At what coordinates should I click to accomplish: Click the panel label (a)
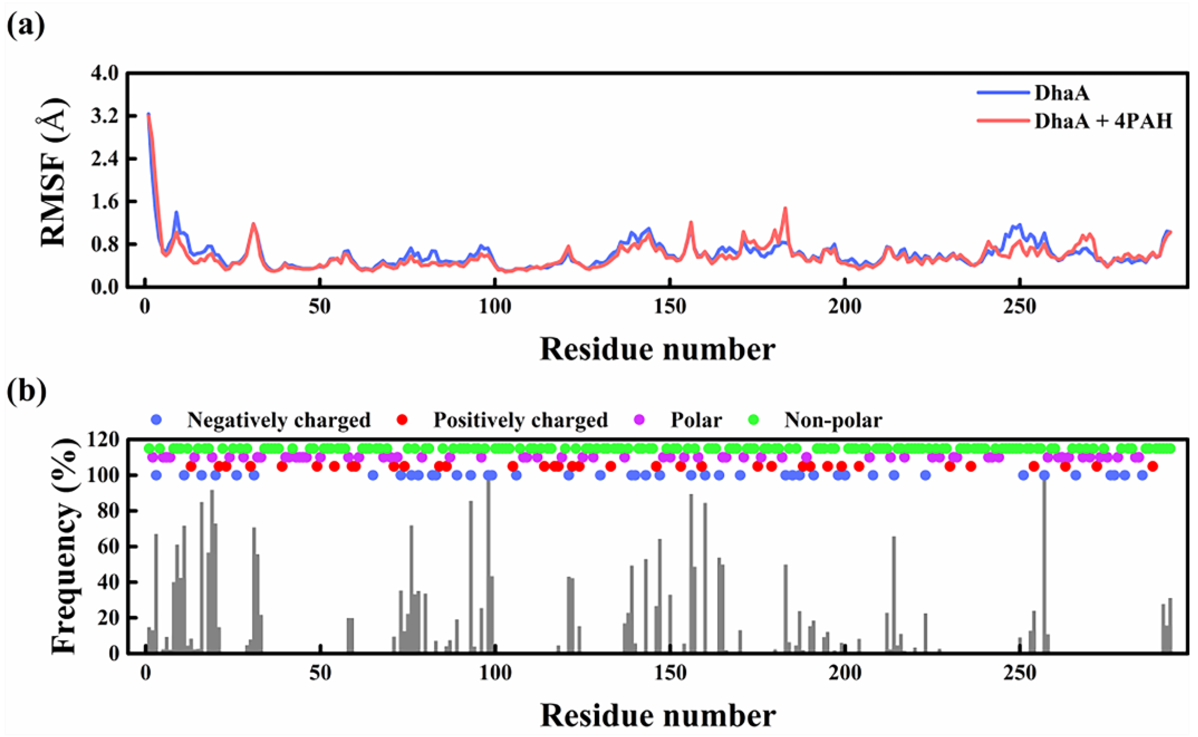[26, 25]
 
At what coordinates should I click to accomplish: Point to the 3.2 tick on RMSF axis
[104, 116]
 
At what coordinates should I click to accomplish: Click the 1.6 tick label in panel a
[104, 202]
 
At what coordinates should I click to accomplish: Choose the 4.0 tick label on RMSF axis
[104, 74]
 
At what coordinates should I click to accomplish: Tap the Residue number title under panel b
[657, 715]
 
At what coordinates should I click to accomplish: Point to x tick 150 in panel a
[670, 307]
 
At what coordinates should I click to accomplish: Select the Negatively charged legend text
[279, 420]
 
